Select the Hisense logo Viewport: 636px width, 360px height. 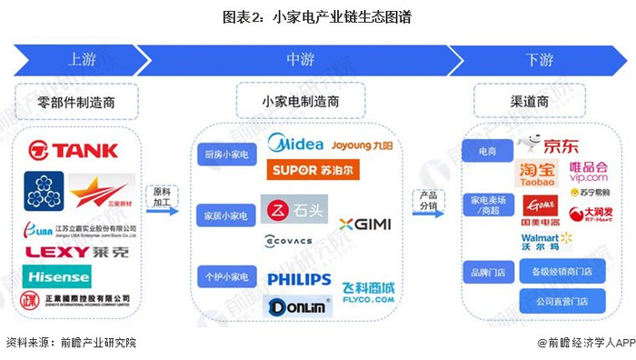click(x=58, y=275)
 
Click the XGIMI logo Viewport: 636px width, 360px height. click(x=364, y=225)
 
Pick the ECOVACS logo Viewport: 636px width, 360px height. click(x=288, y=240)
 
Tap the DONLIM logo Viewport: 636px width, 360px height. click(x=293, y=306)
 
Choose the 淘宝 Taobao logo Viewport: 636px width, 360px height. click(x=537, y=174)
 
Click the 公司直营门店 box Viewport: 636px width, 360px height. click(x=561, y=301)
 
